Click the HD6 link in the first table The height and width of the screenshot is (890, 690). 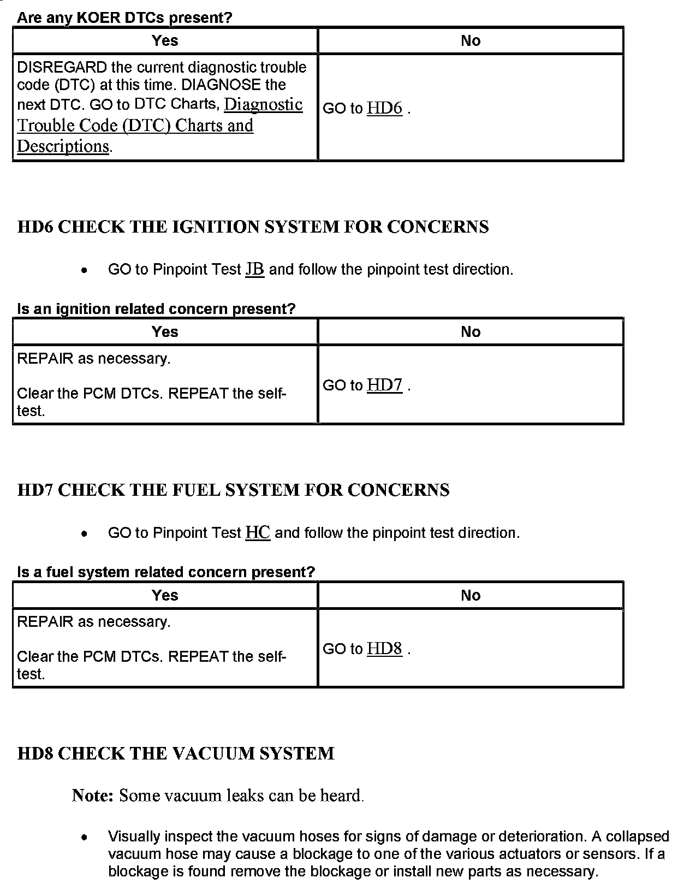point(384,108)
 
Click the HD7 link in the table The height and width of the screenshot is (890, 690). point(384,385)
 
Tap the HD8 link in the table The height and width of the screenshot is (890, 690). point(384,649)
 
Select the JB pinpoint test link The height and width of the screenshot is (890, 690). point(255,269)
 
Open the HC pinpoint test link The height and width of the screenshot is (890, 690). point(258,533)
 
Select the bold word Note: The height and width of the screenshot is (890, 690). point(92,796)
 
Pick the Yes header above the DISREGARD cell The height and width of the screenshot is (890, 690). point(165,40)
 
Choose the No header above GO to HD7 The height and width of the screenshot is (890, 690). point(471,331)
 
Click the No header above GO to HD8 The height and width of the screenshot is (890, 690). point(471,595)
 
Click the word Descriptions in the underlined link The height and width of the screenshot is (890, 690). point(63,146)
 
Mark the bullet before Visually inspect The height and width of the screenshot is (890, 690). point(84,837)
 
